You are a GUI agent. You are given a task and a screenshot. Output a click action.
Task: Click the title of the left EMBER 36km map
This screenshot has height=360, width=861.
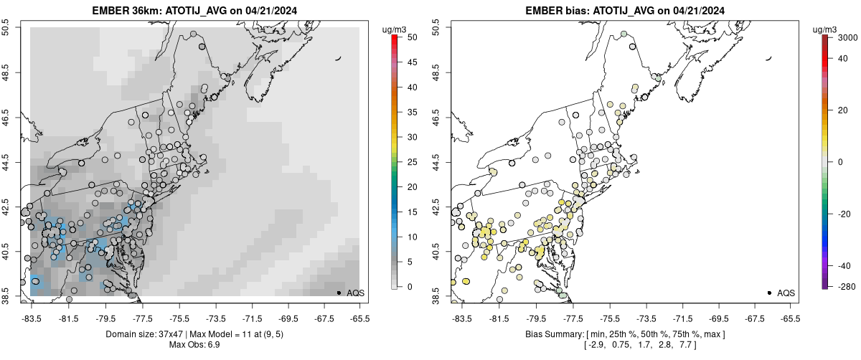click(189, 11)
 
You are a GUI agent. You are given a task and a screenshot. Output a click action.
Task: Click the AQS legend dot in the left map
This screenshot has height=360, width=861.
click(338, 293)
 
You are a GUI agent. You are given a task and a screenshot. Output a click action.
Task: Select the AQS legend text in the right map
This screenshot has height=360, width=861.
click(786, 293)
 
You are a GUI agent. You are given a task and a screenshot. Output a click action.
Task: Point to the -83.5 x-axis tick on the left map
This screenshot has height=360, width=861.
click(31, 318)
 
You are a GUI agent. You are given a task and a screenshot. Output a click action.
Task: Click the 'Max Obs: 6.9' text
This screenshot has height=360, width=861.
click(189, 346)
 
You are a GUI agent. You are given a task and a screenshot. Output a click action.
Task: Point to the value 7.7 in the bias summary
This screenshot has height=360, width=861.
click(715, 346)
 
